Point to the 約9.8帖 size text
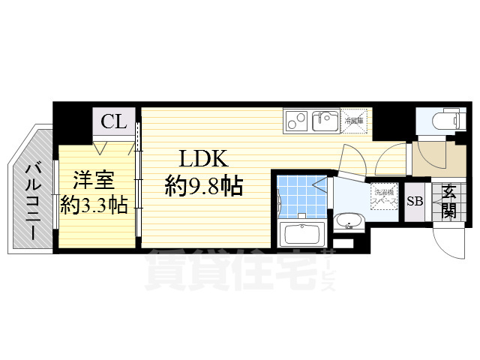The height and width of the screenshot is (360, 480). pos(204,185)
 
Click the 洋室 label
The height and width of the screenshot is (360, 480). pos(93,180)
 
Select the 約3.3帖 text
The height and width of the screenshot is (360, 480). pos(93,204)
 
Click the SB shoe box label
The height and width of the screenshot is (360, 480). pos(414,201)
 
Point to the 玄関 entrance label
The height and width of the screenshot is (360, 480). pos(448,201)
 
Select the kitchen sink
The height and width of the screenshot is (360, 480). pos(327,119)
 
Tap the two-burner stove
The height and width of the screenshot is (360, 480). pos(296,119)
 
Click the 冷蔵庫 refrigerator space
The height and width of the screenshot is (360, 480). pos(354,120)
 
